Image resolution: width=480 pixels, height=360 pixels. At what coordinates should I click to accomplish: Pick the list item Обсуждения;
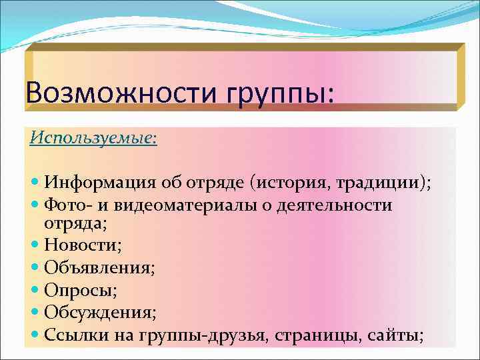point(100,313)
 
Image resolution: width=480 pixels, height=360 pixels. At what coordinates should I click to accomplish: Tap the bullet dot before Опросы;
point(35,291)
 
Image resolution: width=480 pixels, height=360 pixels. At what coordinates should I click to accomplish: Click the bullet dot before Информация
point(35,184)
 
